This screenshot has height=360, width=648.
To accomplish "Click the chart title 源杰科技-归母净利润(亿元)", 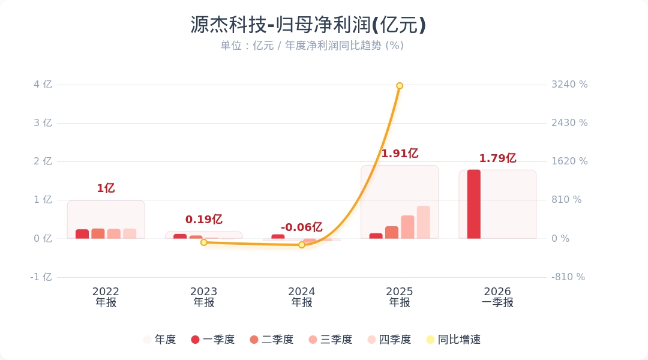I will (x=308, y=25).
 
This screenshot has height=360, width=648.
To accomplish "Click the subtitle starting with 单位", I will (x=312, y=46).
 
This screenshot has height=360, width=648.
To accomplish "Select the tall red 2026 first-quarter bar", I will (x=474, y=204).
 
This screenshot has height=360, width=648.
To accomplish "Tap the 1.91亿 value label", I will (x=400, y=154).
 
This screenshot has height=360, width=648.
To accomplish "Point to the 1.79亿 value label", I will (x=497, y=158).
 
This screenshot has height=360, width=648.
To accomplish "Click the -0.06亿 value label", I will (x=302, y=227).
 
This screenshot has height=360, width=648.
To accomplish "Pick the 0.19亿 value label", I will (x=204, y=220).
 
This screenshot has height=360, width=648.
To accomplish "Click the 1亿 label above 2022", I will (x=106, y=188).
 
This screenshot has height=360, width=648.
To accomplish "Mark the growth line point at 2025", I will (x=400, y=86).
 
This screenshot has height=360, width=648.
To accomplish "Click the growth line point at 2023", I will (x=204, y=242).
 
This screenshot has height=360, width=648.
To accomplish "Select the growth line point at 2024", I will (x=302, y=245).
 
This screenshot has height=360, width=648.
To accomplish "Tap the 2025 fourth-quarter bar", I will (x=424, y=223).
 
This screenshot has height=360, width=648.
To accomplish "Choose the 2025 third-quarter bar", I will (x=407, y=227).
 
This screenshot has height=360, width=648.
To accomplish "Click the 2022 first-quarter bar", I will (x=82, y=234).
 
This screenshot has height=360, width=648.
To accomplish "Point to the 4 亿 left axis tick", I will (x=43, y=85).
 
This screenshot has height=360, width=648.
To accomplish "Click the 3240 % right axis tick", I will (x=569, y=85).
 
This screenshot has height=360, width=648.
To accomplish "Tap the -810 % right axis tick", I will (x=568, y=277).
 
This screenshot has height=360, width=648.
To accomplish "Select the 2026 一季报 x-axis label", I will (x=497, y=297).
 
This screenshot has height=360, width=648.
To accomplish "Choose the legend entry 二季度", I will (x=272, y=340).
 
